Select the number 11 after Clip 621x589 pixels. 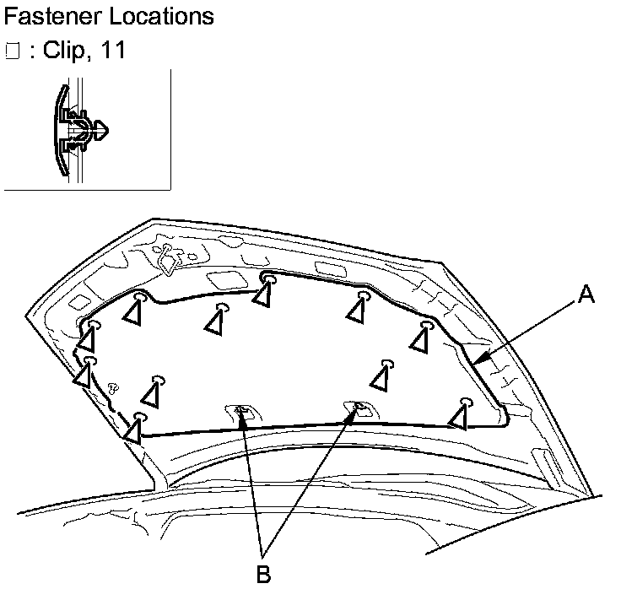point(112,51)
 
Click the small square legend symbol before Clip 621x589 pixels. point(11,51)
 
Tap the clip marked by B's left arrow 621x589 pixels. point(240,410)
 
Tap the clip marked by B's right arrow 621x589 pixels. point(359,408)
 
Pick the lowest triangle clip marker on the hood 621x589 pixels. point(132,431)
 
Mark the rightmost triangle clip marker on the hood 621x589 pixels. point(458,416)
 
